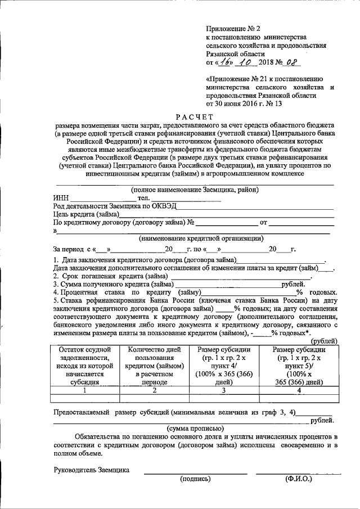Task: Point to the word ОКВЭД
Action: tap(163, 206)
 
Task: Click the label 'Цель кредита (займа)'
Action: tap(86, 214)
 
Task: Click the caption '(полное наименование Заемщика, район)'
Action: tap(195, 190)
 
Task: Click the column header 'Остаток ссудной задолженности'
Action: tap(84, 365)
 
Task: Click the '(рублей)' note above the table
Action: tap(325, 341)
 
